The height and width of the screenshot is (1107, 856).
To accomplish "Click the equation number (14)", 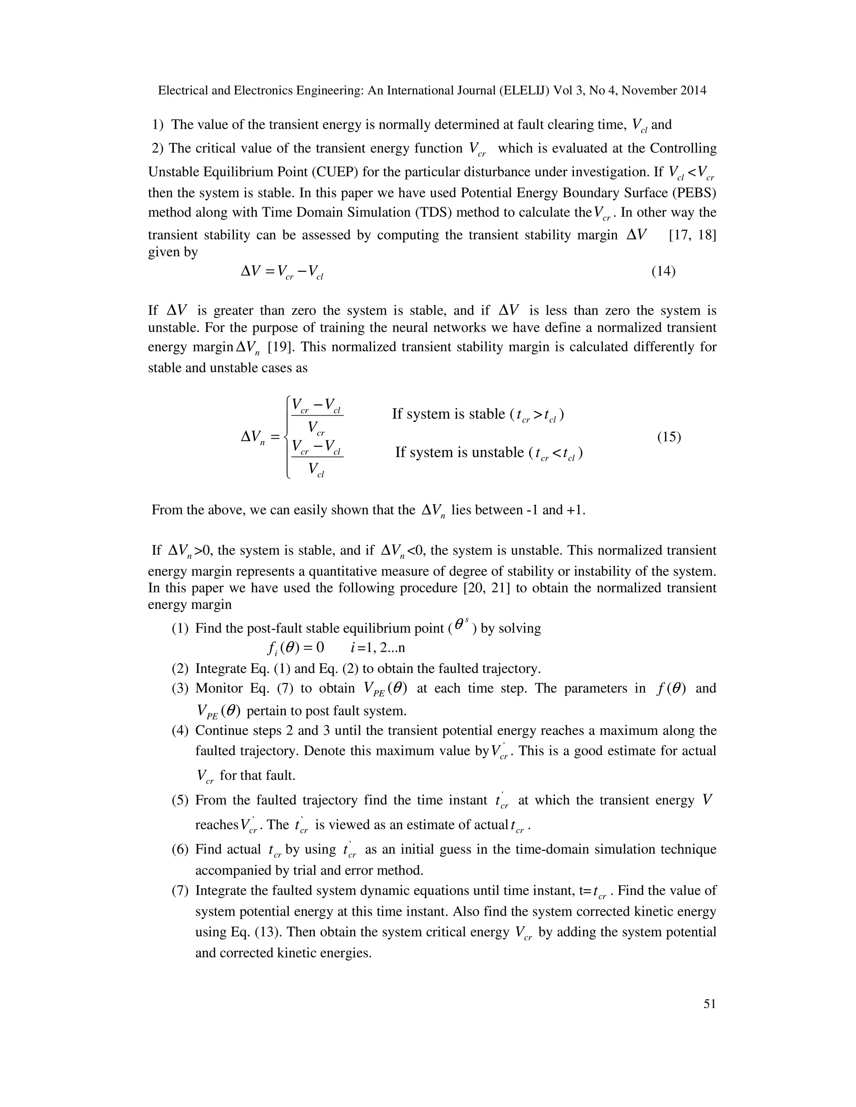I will click(x=663, y=271).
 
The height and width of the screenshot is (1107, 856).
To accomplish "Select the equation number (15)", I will click(x=669, y=437).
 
